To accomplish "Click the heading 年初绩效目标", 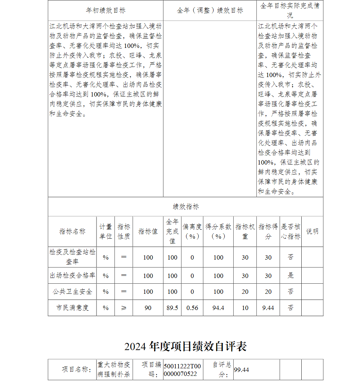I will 105,10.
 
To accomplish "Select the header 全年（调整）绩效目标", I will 210,10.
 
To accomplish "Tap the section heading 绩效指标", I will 185,207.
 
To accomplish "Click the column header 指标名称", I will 72,232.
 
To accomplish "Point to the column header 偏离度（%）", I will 192,232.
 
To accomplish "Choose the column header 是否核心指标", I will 291,232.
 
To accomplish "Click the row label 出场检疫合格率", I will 72,275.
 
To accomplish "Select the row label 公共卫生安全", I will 72,292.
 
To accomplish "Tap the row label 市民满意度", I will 72,308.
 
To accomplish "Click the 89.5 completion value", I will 172,308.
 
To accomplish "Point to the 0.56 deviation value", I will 192,308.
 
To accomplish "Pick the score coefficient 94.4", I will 219,308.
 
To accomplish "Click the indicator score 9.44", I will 268,308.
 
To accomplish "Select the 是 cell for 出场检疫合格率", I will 291,275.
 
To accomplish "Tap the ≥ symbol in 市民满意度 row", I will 124,308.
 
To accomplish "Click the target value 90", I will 148,308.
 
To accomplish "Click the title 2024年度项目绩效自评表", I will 185,346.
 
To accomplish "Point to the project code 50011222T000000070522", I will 182,370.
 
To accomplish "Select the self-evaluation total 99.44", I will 242,370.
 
